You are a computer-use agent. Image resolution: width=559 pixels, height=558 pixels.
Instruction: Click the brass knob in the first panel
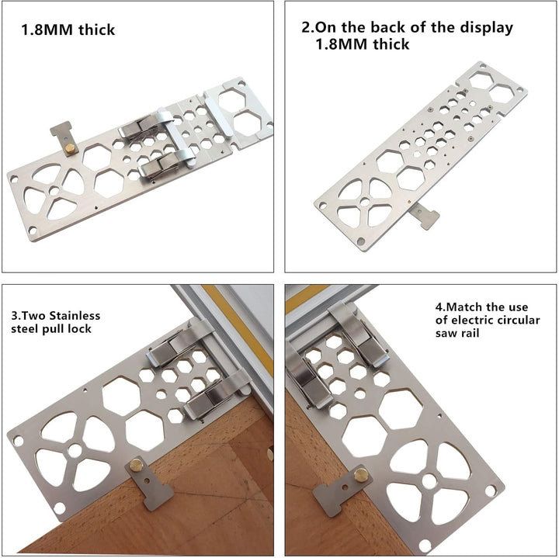pos(71,148)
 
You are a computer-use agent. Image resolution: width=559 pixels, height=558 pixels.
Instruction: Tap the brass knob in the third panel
pos(136,465)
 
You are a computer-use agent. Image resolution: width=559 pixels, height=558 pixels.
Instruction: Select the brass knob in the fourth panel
pos(361,475)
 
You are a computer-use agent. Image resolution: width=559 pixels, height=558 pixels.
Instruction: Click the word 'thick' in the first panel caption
pos(96,29)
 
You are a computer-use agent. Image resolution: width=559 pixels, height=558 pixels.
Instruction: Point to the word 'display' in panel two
pos(486,28)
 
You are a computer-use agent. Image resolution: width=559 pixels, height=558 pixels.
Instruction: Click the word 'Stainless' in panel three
pos(75,316)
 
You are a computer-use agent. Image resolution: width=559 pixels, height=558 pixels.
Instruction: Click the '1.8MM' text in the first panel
pos(48,29)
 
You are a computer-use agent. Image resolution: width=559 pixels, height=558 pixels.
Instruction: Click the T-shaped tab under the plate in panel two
pos(425,215)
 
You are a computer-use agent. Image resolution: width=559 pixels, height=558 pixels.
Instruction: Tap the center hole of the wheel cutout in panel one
pos(54,191)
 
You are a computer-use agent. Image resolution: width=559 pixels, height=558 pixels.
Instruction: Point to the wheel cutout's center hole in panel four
pos(429,481)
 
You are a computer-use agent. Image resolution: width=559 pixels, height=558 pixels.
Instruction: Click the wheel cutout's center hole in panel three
pos(75,450)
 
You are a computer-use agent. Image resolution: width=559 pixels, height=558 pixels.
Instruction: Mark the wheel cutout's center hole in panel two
pos(365,202)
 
